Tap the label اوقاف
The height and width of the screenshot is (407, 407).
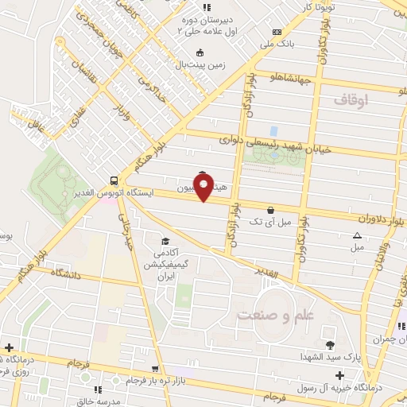pyautogui.click(x=351, y=100)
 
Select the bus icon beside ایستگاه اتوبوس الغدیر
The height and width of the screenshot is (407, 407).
pyautogui.click(x=115, y=180)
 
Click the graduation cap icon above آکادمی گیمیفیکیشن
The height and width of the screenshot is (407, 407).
pyautogui.click(x=165, y=242)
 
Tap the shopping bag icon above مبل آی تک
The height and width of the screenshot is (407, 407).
pyautogui.click(x=272, y=211)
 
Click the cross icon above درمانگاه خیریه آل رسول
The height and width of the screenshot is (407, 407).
pyautogui.click(x=340, y=375)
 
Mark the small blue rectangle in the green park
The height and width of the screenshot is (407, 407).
pyautogui.click(x=273, y=130)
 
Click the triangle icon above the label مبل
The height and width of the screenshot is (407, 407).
pyautogui.click(x=357, y=236)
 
